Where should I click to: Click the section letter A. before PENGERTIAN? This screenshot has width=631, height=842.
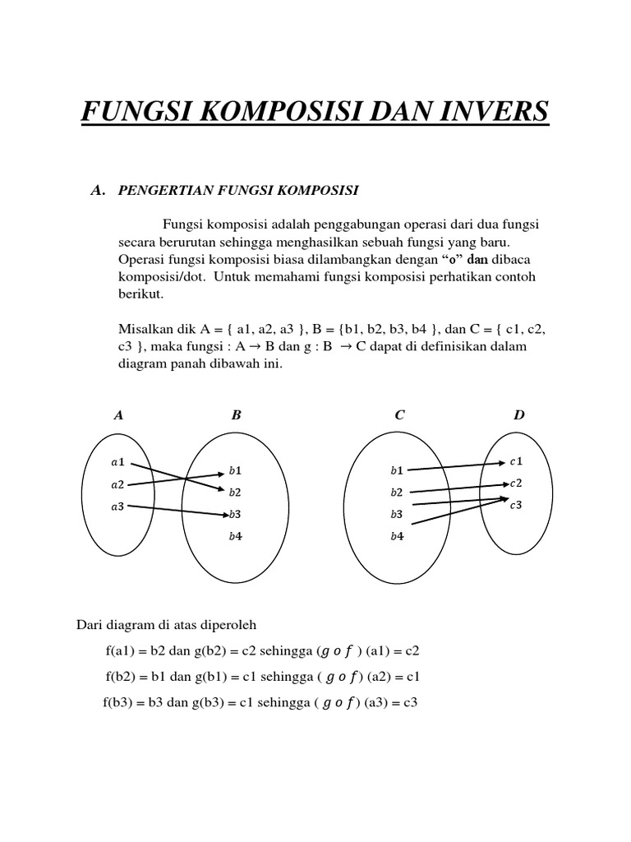99,191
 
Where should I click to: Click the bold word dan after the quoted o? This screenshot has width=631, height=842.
477,259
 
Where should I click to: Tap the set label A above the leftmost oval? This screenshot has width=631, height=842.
119,415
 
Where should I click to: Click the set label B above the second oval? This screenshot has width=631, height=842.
236,415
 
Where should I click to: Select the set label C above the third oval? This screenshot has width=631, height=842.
399,415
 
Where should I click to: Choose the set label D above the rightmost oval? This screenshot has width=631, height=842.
518,415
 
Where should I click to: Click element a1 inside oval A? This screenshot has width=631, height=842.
117,462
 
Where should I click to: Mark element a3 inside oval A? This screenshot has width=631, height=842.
117,507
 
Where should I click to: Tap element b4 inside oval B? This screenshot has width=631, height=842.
235,537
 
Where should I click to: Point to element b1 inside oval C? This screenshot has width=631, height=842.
397,471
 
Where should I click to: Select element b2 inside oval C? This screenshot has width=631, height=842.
397,493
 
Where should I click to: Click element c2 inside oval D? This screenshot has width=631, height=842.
516,483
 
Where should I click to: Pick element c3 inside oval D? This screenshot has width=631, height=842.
516,506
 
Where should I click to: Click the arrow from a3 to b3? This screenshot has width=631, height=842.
179,511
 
